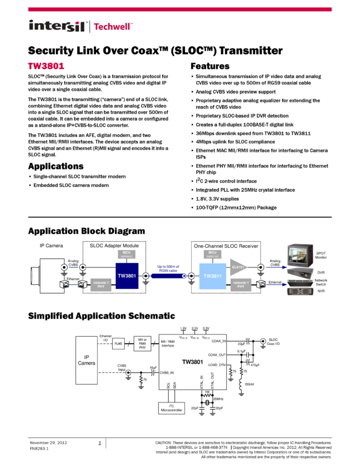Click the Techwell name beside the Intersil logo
114,26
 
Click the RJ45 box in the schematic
118,344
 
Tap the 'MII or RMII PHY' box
142,344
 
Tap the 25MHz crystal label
218,398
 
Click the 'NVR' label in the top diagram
321,292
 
